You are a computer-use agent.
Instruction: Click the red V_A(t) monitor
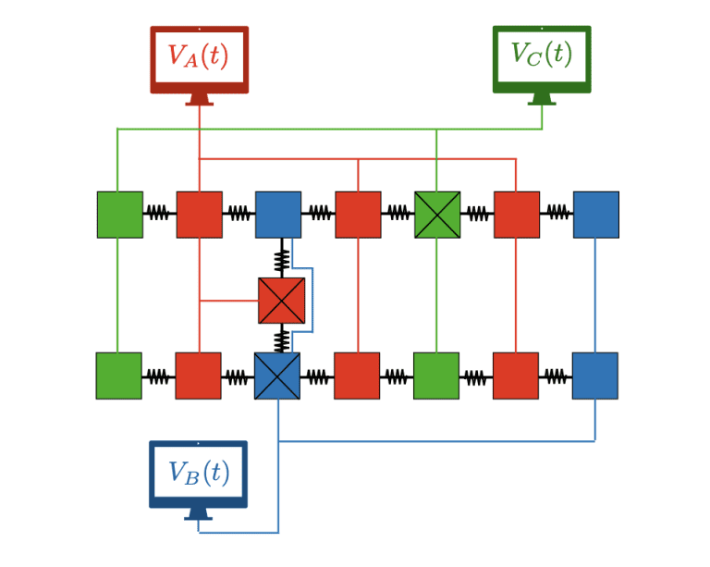pyautogui.click(x=199, y=60)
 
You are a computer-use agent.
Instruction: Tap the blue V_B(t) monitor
pyautogui.click(x=198, y=475)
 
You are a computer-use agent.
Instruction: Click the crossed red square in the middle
pyautogui.click(x=281, y=301)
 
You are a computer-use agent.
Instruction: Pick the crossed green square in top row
pyautogui.click(x=437, y=215)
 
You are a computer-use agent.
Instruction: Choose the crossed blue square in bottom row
pyautogui.click(x=277, y=376)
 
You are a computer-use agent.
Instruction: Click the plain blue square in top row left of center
pyautogui.click(x=278, y=215)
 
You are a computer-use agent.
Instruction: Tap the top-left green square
pyautogui.click(x=120, y=215)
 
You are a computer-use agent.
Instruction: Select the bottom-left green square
pyautogui.click(x=119, y=376)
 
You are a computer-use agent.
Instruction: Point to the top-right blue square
pyautogui.click(x=595, y=215)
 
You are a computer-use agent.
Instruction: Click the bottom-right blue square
pyautogui.click(x=594, y=376)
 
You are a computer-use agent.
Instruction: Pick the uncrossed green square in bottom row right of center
pyautogui.click(x=436, y=376)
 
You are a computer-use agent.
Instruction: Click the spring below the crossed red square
pyautogui.click(x=281, y=340)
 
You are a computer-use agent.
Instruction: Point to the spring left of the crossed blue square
pyautogui.click(x=238, y=376)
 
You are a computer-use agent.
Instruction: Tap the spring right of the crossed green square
pyautogui.click(x=477, y=214)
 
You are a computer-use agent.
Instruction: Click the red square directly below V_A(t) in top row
pyautogui.click(x=199, y=215)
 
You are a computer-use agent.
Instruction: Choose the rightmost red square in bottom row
pyautogui.click(x=516, y=376)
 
